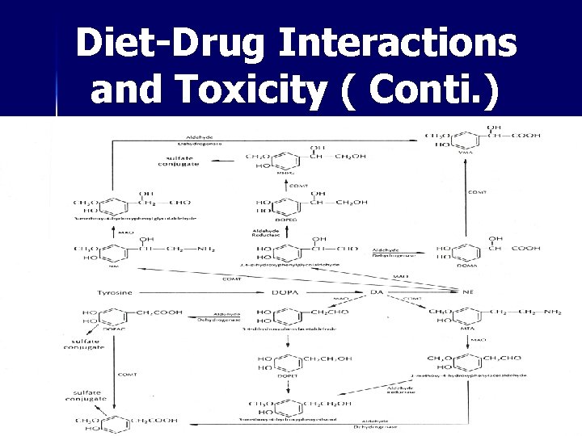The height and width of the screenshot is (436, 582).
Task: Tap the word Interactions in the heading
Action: click(397, 43)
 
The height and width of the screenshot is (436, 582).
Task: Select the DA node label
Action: click(377, 291)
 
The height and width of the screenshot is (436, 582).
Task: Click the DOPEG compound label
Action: click(285, 220)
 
